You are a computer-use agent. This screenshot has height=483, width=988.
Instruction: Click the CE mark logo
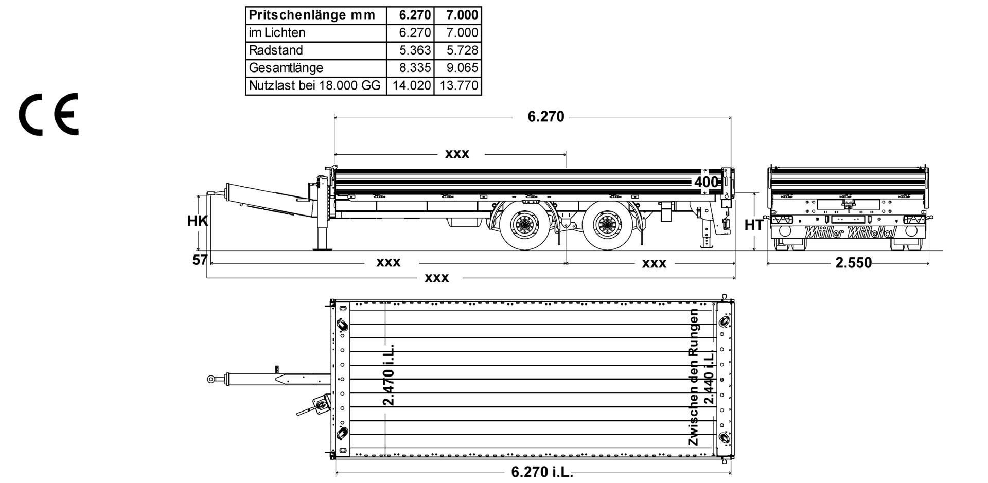49,114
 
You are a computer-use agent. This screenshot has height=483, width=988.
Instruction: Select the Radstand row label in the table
276,50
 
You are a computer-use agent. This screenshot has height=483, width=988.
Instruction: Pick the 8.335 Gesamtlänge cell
415,68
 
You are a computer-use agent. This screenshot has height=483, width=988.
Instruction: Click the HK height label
197,221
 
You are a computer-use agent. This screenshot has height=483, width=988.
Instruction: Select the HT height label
754,225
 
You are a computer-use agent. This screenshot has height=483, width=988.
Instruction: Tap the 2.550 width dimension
853,263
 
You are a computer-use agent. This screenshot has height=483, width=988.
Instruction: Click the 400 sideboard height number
706,182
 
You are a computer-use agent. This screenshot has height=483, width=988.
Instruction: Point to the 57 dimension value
200,260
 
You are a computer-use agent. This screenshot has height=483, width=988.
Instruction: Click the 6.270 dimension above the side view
545,117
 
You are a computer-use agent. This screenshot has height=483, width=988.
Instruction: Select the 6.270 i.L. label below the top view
542,472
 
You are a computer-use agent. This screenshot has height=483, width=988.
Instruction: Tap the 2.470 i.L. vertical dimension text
389,374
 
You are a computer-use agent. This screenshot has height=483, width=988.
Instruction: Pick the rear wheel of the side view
605,225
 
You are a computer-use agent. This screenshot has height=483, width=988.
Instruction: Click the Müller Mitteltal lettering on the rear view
850,232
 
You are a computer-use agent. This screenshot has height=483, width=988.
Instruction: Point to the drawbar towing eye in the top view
211,379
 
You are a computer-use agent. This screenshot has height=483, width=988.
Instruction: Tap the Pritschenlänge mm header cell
312,15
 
